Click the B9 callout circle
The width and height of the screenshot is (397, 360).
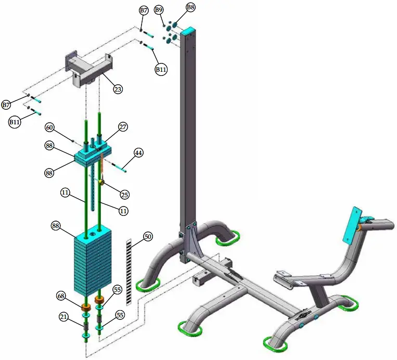[159, 10]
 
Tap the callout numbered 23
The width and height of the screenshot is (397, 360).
[118, 89]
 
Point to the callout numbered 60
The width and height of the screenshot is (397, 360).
[49, 127]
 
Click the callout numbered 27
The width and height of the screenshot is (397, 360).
[123, 126]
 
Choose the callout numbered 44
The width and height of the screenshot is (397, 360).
[138, 153]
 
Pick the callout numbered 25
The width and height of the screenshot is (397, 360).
[124, 194]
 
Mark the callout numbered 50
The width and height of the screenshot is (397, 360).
[148, 237]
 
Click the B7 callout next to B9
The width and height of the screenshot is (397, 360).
[144, 10]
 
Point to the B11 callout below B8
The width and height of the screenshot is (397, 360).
[161, 69]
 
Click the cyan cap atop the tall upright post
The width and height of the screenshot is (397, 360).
[188, 31]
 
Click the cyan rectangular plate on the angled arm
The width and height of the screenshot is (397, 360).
[353, 224]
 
